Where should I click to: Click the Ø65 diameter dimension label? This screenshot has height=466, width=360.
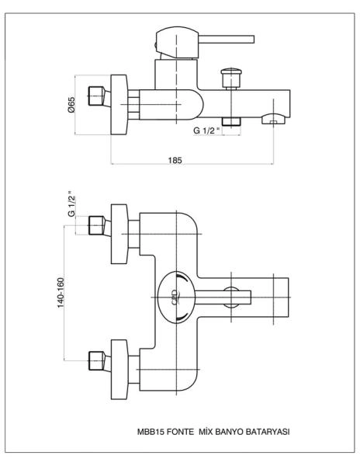pos(71,105)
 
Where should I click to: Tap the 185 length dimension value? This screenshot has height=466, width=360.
pos(175,160)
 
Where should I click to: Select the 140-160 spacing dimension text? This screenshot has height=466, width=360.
pos(61,293)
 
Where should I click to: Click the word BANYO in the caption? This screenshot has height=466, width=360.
pos(228,432)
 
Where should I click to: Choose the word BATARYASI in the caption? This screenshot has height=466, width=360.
pos(267,432)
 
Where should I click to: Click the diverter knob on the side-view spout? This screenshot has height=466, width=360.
pos(231,78)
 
